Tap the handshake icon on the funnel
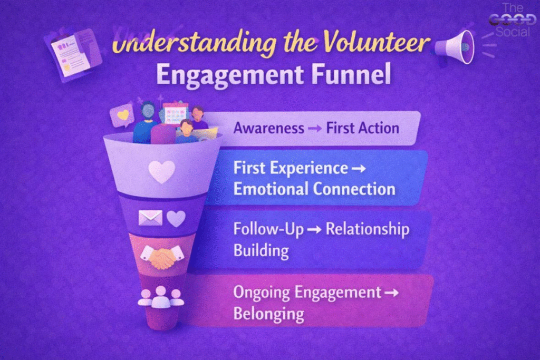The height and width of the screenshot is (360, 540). (x=162, y=256)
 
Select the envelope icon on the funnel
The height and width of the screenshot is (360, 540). (x=150, y=218)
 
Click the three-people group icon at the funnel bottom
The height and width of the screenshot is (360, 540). (x=161, y=297)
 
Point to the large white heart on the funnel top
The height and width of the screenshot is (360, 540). (x=161, y=171)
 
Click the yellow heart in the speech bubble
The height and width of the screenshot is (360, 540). (x=123, y=114)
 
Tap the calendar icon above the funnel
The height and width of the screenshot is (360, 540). (x=176, y=113)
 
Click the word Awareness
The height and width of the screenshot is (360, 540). (x=269, y=128)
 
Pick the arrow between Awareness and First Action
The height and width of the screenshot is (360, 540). (x=315, y=129)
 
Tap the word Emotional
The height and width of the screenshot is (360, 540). (x=271, y=189)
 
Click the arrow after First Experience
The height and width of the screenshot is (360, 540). (x=359, y=169)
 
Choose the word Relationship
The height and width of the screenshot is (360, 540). (x=368, y=230)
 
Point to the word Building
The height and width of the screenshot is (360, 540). (x=261, y=250)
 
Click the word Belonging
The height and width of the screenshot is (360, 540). (x=268, y=314)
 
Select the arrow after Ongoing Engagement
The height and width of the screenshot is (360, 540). (x=391, y=293)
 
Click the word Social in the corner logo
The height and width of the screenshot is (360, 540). (x=513, y=32)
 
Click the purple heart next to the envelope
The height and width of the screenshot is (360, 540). (x=176, y=218)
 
